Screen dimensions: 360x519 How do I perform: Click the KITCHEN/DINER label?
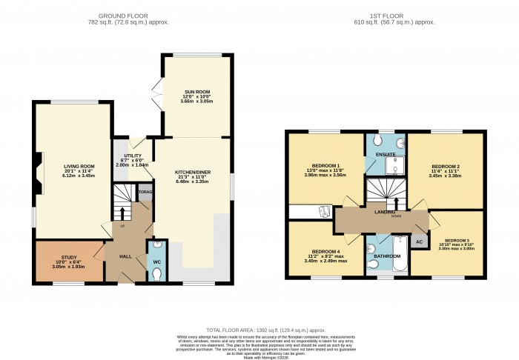tap(193, 172)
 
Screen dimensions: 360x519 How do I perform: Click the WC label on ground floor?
tap(156, 262)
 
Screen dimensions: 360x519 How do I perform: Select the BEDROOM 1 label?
tap(326, 165)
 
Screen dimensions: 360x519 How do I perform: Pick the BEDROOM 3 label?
tap(457, 241)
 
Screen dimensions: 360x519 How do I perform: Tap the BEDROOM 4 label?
tap(325, 251)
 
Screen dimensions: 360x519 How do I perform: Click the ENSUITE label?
tap(386, 154)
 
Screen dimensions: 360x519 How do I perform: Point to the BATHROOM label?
tap(386, 256)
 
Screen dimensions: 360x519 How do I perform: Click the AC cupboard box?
tap(419, 241)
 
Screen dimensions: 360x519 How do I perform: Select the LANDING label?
tap(385, 212)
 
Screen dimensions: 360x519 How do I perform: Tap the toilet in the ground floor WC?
tap(156, 274)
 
